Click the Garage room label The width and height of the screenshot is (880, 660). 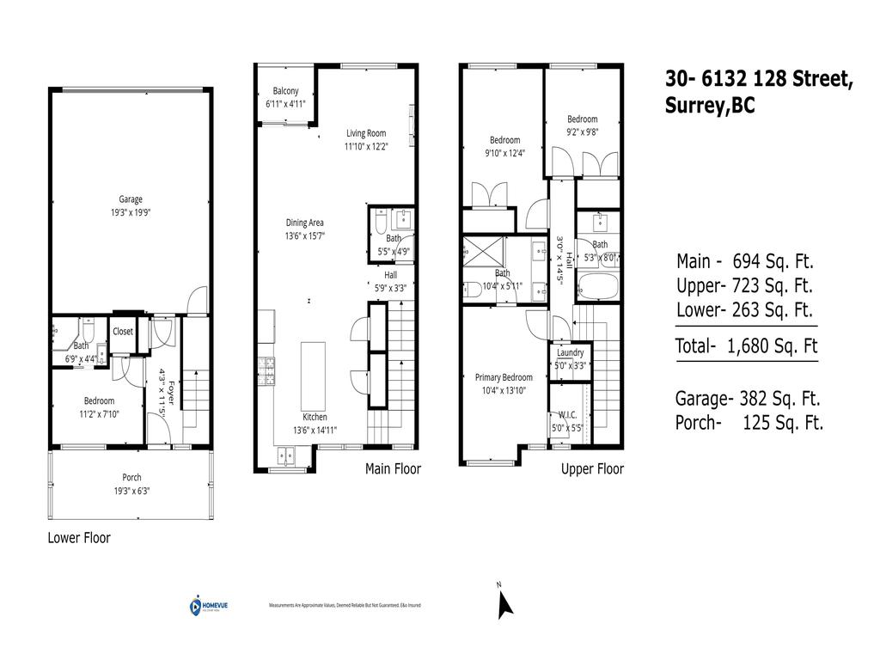pyautogui.click(x=131, y=199)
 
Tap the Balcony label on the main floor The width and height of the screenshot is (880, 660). pyautogui.click(x=285, y=91)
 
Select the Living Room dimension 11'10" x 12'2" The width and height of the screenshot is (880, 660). pyautogui.click(x=366, y=146)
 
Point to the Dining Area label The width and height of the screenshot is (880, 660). pyautogui.click(x=305, y=223)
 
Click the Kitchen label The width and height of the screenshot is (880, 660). pyautogui.click(x=315, y=417)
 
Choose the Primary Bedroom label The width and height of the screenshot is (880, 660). pyautogui.click(x=504, y=377)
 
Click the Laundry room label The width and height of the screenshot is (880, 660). pyautogui.click(x=571, y=352)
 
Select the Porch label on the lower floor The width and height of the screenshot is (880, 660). pyautogui.click(x=131, y=478)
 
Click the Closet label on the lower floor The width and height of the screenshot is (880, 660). pyautogui.click(x=123, y=331)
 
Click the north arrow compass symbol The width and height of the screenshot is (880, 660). pyautogui.click(x=504, y=603)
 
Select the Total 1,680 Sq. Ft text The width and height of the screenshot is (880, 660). pyautogui.click(x=747, y=347)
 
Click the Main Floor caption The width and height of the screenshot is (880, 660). pyautogui.click(x=393, y=469)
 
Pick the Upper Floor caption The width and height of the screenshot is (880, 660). pyautogui.click(x=592, y=469)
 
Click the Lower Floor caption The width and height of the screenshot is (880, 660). pyautogui.click(x=79, y=538)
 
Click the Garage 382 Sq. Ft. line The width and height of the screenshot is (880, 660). pyautogui.click(x=749, y=399)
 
